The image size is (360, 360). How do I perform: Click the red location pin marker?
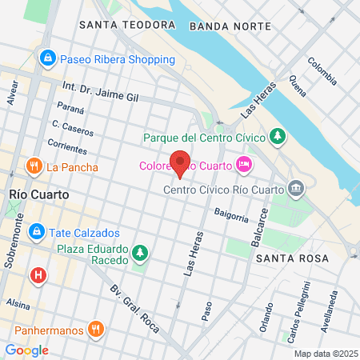(x=180, y=163)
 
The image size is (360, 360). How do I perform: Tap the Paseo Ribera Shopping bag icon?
(x=48, y=59)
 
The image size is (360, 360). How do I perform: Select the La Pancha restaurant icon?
(x=34, y=166)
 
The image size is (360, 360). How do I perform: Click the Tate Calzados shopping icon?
(x=35, y=232)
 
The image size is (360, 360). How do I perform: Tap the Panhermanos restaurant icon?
(x=95, y=327)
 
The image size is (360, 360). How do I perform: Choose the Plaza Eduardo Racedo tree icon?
(x=141, y=254)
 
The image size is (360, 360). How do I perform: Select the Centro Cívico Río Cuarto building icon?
(x=297, y=190)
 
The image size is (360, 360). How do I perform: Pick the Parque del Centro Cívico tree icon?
(x=278, y=138)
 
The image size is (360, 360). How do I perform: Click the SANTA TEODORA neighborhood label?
(x=126, y=26)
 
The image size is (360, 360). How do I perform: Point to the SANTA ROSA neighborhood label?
(x=292, y=258)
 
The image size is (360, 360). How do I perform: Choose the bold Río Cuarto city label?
(x=39, y=194)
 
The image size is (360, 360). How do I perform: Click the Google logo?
(x=26, y=350)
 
